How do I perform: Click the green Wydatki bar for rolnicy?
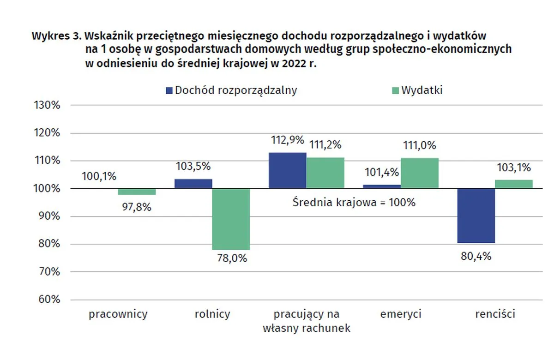tap(231, 219)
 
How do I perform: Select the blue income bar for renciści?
tap(476, 216)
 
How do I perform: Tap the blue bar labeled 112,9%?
tap(287, 170)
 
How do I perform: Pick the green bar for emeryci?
tap(419, 173)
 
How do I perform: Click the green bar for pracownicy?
tap(137, 192)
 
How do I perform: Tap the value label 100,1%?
tap(99, 176)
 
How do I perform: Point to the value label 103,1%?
tap(514, 168)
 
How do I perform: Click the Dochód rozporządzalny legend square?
tap(169, 90)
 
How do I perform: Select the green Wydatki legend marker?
tap(394, 90)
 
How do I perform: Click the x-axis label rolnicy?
tap(212, 315)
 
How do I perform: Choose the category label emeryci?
tap(401, 315)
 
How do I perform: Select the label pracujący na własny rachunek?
tap(306, 321)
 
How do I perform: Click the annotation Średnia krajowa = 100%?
tap(354, 202)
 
